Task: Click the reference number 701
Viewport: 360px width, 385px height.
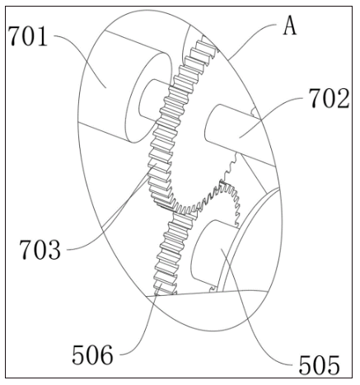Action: (27, 36)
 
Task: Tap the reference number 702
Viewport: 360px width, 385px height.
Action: (329, 98)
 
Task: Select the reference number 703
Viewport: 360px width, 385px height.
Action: (40, 249)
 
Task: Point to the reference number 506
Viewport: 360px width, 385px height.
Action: (92, 354)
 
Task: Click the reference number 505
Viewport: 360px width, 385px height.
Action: (319, 365)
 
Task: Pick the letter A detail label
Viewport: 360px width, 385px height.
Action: (290, 26)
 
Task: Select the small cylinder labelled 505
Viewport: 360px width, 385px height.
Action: (212, 253)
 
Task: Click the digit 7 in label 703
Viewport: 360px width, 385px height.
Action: (26, 249)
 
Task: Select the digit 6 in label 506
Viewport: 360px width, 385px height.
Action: (106, 354)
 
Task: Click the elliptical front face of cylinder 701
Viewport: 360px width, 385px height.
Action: (148, 96)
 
